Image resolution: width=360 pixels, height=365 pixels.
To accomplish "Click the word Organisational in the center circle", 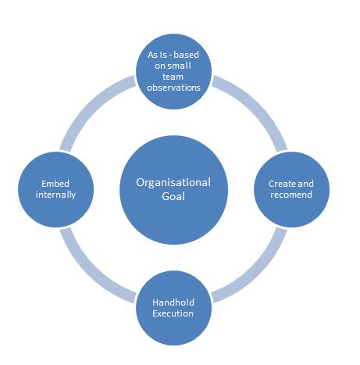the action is click(x=173, y=182).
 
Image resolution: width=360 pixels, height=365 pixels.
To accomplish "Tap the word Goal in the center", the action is click(x=173, y=196).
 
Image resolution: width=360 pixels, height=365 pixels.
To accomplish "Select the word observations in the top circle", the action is click(x=173, y=88).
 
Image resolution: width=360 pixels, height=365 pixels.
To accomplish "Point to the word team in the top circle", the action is click(x=173, y=77).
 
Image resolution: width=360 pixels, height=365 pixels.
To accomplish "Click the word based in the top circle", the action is click(x=186, y=55).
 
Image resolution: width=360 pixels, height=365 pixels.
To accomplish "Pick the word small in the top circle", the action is click(x=180, y=66).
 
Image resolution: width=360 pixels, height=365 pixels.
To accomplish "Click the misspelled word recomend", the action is click(x=291, y=195).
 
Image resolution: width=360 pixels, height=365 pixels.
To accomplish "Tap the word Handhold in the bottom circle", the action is click(x=173, y=302).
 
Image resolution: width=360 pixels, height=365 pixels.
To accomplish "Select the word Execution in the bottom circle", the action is click(x=173, y=313).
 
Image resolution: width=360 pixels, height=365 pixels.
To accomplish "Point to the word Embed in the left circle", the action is click(x=55, y=184).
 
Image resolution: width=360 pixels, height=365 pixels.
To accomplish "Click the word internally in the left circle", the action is click(x=55, y=195).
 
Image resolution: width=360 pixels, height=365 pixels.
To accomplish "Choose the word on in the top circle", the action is click(x=161, y=66).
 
